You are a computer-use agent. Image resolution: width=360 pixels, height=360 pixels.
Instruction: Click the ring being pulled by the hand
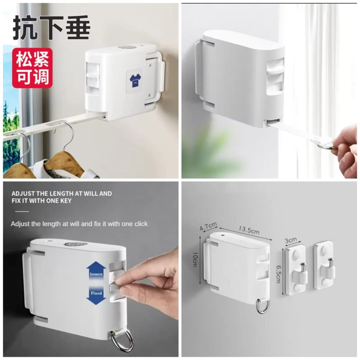coord(327,146)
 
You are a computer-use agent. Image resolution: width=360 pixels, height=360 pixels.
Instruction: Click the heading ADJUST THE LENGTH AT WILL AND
coord(62,193)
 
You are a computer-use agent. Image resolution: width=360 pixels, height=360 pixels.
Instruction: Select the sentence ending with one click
coord(79,223)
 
